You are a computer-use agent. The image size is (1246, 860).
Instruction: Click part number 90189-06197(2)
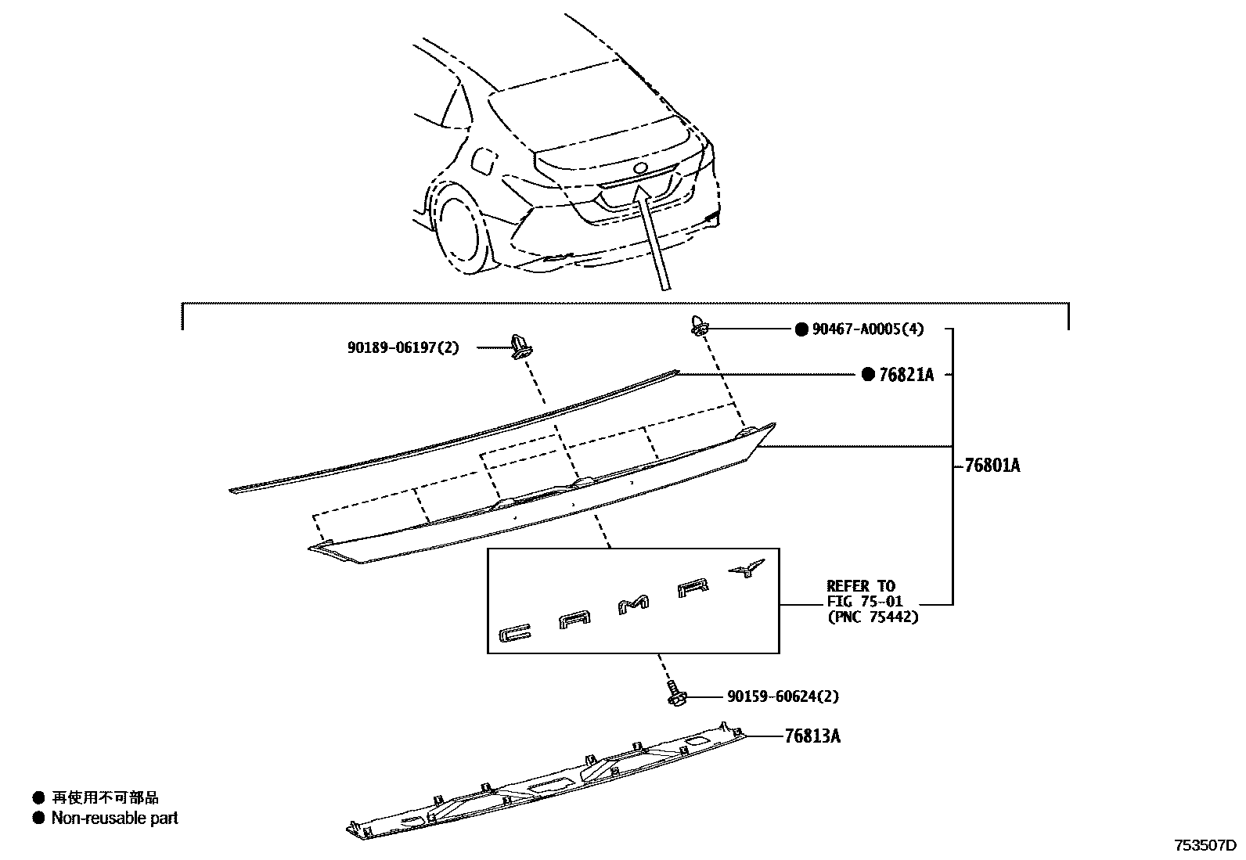403,347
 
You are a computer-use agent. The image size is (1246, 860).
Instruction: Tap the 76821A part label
906,375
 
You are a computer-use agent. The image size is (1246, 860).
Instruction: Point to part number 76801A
992,466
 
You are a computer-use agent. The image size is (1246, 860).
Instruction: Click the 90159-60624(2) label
776,696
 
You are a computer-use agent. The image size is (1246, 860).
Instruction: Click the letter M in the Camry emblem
634,604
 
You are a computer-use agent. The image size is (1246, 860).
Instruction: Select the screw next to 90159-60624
673,693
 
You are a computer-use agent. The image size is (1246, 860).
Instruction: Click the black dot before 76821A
867,375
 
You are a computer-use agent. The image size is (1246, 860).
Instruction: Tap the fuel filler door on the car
483,160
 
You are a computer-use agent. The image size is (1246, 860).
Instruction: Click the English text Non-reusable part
114,818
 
